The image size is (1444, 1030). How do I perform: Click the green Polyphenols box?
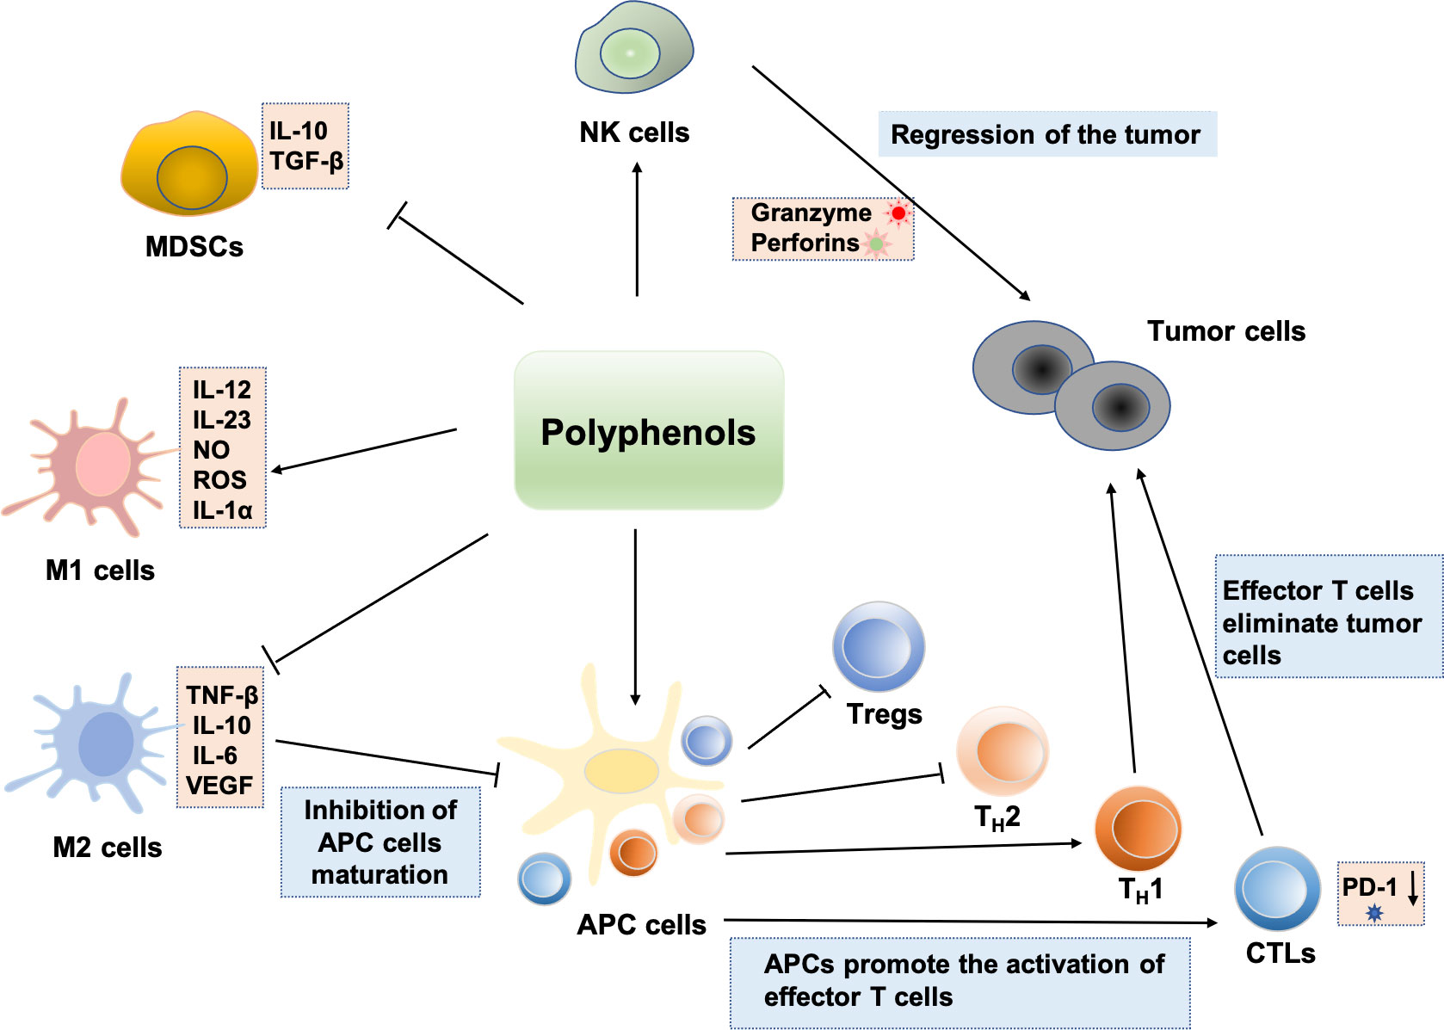coord(649,430)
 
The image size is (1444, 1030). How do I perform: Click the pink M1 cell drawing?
coord(102,465)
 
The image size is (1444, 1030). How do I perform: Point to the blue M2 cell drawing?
coord(103,743)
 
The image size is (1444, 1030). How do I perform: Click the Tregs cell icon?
coord(878,646)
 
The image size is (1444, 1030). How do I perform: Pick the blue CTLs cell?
coord(1277,889)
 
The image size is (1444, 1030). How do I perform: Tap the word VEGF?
coord(219,786)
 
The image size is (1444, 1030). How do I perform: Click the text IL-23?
coord(222,420)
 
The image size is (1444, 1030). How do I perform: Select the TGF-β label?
coord(306,161)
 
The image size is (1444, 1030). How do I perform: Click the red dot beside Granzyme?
coord(898,213)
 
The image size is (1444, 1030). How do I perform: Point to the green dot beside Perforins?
coord(876,244)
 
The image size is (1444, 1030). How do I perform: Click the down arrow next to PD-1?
coord(1412,888)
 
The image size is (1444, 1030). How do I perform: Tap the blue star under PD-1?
coord(1374,913)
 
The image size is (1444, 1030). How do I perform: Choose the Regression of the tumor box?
coord(1046,134)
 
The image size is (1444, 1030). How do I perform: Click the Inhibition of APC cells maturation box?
coord(380,842)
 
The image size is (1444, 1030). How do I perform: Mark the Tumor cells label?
coord(1225,331)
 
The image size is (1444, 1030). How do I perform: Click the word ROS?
coord(219,480)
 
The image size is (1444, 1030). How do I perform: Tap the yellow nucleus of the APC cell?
coord(620,770)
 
